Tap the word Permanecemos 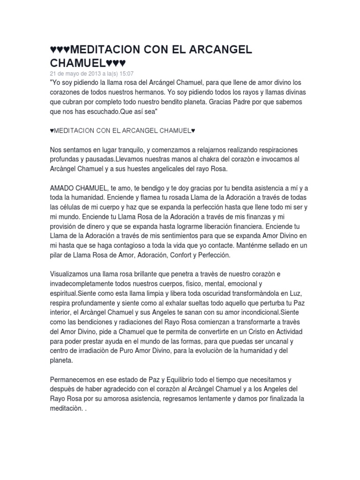pyautogui.click(x=76, y=380)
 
